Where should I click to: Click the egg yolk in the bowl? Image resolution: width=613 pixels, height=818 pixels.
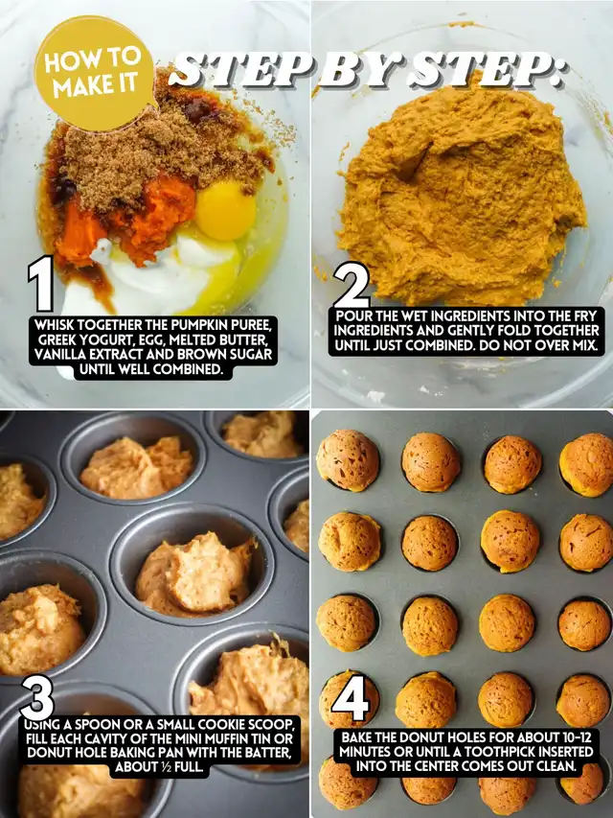coord(225,210)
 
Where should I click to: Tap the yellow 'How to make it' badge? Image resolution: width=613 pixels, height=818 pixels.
coord(96,73)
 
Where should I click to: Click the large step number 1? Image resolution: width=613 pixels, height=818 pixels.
coord(41,284)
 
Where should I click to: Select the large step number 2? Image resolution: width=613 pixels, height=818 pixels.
coord(352,285)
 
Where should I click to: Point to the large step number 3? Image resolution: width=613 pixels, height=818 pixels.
coord(37,697)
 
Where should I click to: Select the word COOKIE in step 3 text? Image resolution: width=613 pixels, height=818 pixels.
coord(226,724)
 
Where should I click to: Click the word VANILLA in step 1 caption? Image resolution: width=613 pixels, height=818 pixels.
coord(57,355)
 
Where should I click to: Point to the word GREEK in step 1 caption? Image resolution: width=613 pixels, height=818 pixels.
coord(57,340)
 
